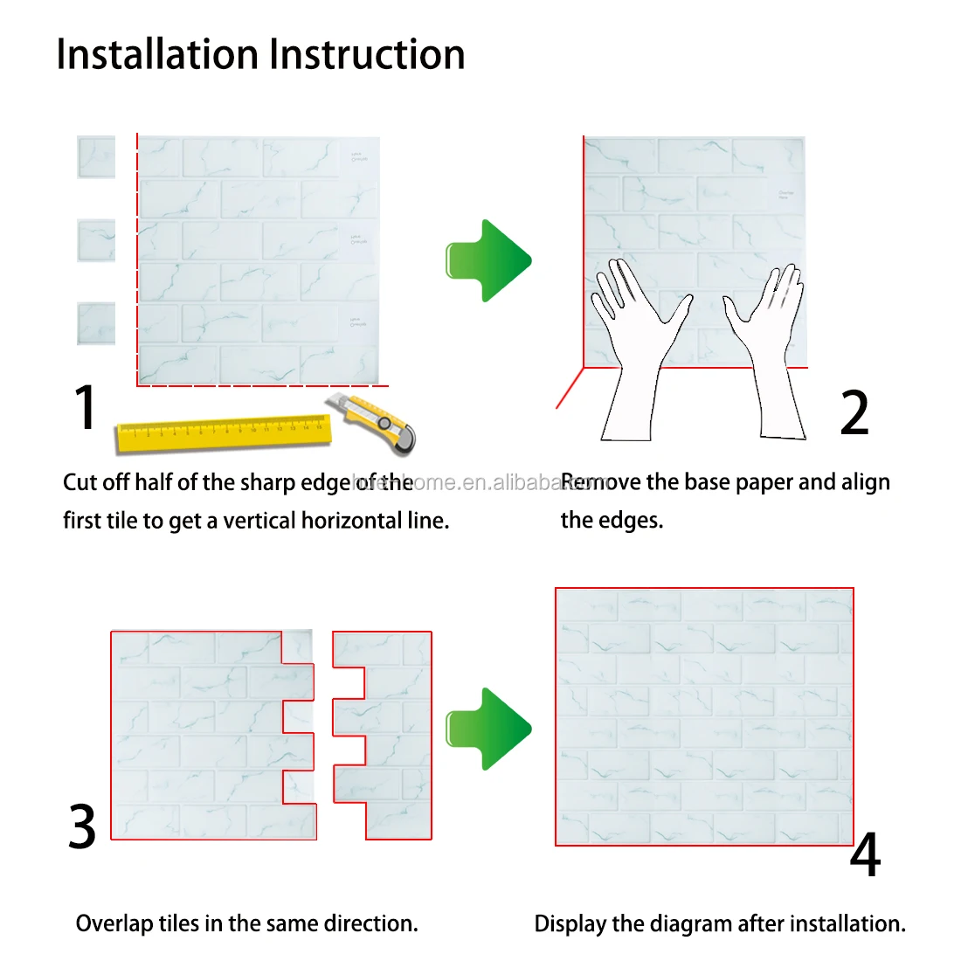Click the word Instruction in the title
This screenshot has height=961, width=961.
pos(367,54)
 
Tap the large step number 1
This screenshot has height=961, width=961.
pos(85,407)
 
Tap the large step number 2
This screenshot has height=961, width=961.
pos(854,413)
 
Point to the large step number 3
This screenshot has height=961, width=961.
pos(82,826)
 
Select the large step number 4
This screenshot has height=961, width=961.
pos(865,855)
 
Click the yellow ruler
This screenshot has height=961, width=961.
pos(223,432)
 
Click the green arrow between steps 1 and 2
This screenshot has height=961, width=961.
pos(488,260)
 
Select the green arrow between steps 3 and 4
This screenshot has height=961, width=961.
pos(488,729)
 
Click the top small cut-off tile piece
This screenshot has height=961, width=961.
pos(96,157)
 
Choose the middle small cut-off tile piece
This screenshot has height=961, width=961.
pos(96,240)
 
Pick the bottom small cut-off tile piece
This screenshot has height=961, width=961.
pos(96,323)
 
